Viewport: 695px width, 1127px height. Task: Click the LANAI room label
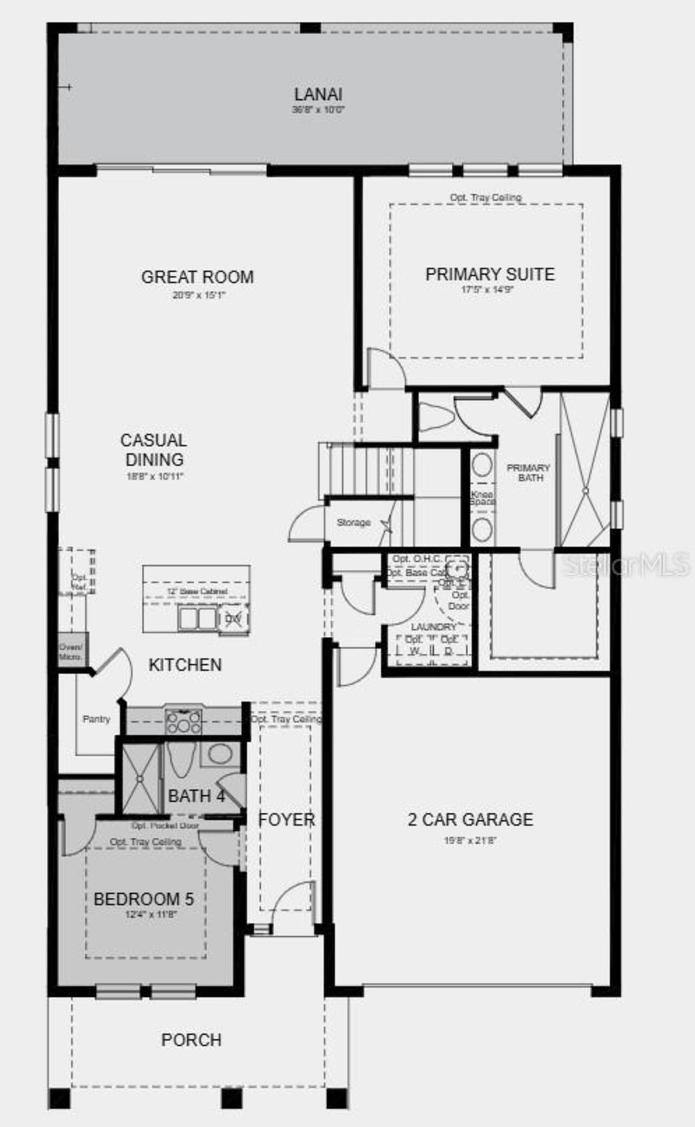[x=318, y=94]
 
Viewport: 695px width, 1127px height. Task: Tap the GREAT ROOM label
[x=197, y=277]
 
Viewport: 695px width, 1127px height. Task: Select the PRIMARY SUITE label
[x=490, y=274]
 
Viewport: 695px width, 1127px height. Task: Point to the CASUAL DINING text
[x=154, y=450]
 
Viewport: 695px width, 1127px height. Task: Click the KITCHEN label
[x=185, y=665]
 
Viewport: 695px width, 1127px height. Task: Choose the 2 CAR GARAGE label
[x=470, y=819]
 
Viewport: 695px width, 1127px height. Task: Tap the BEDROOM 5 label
[x=143, y=899]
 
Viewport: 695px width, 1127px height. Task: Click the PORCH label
[x=191, y=1040]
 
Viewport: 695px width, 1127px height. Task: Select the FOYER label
[x=286, y=819]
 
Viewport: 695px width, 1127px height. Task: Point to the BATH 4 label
[x=196, y=796]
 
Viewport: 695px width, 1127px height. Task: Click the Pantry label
[x=96, y=719]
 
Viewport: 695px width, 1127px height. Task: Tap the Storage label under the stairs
[x=353, y=523]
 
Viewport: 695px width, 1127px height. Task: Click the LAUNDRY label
[x=433, y=627]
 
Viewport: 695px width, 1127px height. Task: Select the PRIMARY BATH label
[x=528, y=473]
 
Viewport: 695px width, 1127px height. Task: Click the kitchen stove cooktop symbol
[x=184, y=722]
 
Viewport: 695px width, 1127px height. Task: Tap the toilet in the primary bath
[x=437, y=418]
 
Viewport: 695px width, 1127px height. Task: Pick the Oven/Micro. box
[x=71, y=652]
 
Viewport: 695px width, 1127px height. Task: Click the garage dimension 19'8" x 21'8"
[x=470, y=841]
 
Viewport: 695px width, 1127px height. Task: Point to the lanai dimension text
[x=318, y=110]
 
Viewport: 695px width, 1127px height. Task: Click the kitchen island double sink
[x=198, y=618]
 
